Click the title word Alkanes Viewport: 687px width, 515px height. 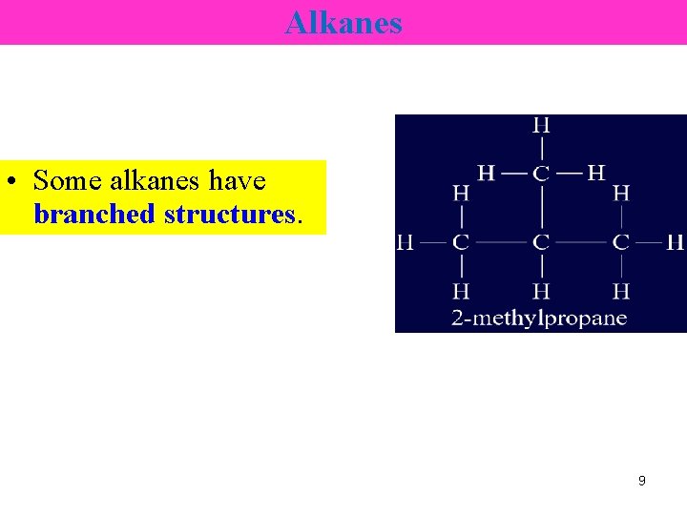343,22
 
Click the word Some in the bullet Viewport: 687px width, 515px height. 68,180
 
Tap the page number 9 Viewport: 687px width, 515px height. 641,481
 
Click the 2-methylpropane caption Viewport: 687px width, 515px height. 539,318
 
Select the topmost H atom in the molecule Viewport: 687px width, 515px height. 541,125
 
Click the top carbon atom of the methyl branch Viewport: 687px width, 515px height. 541,173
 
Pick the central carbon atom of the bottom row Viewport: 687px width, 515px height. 541,242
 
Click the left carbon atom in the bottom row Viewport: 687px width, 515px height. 461,242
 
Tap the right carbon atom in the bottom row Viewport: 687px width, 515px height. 621,242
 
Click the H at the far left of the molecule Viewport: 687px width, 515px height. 405,242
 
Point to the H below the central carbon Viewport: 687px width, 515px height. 541,290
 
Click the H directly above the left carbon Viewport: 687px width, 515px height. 461,194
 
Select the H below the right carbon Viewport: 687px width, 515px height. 621,290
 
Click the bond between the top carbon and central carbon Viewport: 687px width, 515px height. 541,207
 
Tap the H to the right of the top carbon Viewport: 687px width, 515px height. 596,173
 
